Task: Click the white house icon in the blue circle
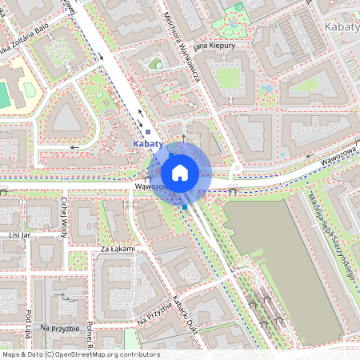point(180,173)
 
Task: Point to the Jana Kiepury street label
point(212,46)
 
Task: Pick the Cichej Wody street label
point(64,214)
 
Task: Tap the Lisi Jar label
point(18,235)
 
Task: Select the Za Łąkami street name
point(118,250)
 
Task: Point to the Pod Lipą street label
point(28,325)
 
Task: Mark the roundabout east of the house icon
point(237,170)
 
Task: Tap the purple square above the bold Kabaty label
point(148,131)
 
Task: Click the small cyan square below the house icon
point(185,207)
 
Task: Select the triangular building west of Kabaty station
point(64,120)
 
